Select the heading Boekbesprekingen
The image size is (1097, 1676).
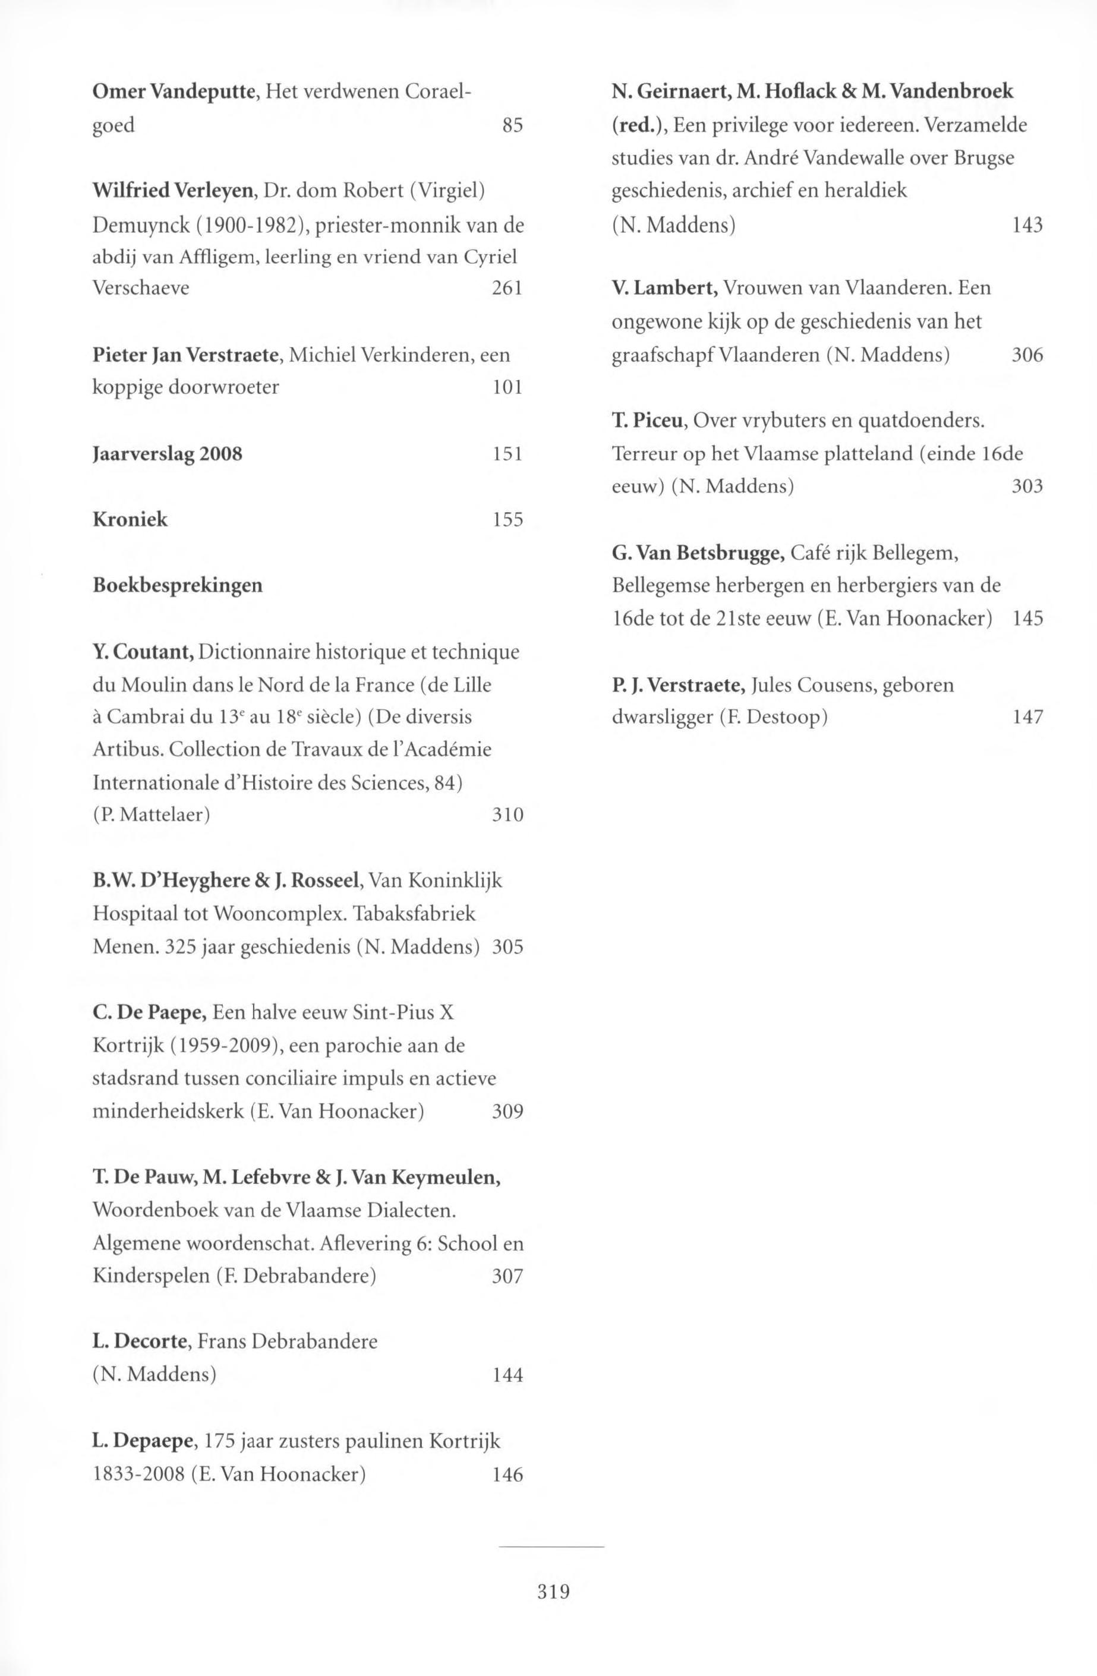point(178,585)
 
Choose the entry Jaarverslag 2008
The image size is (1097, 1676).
point(168,453)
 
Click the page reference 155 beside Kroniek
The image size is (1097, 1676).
point(507,520)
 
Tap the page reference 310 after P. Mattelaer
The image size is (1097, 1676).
point(507,816)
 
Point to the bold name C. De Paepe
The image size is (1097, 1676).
point(149,1012)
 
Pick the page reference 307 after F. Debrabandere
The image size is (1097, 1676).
point(507,1276)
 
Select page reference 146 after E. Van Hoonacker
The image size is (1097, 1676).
point(507,1474)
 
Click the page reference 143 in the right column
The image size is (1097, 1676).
point(1027,225)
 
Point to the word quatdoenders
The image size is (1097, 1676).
point(919,421)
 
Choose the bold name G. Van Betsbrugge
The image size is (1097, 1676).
point(698,554)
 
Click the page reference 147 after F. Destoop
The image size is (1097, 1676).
point(1027,718)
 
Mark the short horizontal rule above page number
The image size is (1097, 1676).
point(551,1546)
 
